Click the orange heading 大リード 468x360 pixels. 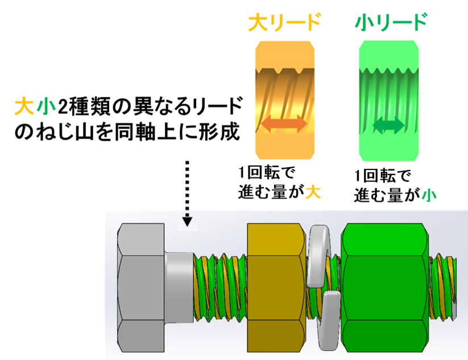284,23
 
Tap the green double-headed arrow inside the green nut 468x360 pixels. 391,126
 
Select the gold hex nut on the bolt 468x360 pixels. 276,288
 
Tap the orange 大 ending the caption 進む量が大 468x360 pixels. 313,193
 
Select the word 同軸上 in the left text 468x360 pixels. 135,131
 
